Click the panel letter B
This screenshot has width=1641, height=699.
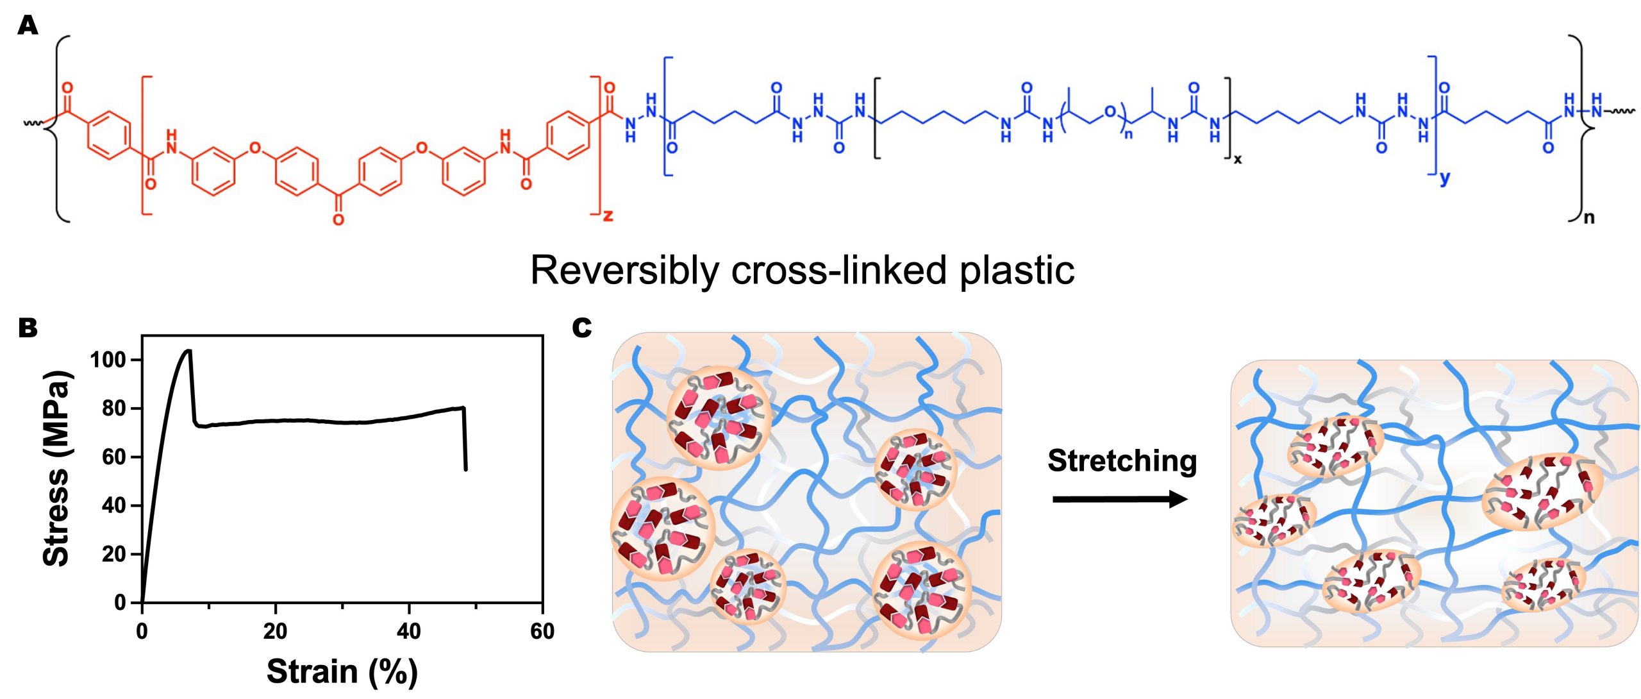point(28,328)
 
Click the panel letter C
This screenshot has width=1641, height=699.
point(581,328)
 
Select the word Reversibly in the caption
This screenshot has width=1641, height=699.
point(625,270)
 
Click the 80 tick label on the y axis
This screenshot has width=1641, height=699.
point(114,408)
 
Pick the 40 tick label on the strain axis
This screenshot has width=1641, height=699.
point(409,632)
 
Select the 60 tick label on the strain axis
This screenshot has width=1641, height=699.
point(542,632)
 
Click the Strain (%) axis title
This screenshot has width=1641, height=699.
point(342,671)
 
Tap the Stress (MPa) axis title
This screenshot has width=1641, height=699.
point(56,468)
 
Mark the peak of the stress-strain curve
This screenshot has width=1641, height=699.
point(188,350)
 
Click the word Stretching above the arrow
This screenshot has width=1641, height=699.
point(1122,460)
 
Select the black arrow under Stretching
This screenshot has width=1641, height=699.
point(1120,499)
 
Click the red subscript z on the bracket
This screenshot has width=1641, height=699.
point(608,215)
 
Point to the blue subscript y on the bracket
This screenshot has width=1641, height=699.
point(1445,178)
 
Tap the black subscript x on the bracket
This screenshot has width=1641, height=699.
point(1237,160)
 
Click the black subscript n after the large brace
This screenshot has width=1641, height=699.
point(1588,218)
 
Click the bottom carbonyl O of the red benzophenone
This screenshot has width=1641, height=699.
point(338,220)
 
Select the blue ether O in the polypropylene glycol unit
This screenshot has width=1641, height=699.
point(1110,113)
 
